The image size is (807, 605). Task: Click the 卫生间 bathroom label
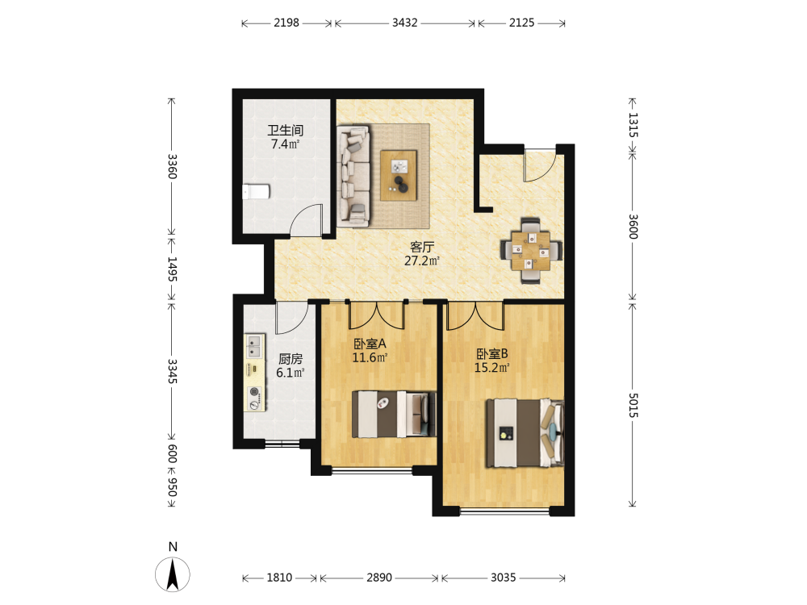[x=285, y=130]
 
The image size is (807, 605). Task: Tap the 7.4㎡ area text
[x=285, y=144]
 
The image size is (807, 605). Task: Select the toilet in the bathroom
[x=257, y=191]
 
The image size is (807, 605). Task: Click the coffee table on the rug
[x=399, y=175]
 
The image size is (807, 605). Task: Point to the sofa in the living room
[x=353, y=175]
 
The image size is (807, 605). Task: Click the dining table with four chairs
[x=531, y=251]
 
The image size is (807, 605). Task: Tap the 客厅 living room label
[x=422, y=247]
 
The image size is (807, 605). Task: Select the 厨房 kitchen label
[x=291, y=359]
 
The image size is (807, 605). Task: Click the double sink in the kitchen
[x=253, y=346]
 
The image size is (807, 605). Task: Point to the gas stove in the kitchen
[x=254, y=398]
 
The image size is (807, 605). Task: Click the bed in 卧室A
[x=395, y=414]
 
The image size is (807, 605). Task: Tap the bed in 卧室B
[x=525, y=432]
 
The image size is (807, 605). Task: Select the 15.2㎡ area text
[x=492, y=367]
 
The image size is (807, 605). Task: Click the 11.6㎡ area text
[x=370, y=357]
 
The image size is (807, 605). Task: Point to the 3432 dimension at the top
[x=405, y=23]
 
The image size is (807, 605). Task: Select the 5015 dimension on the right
[x=633, y=406]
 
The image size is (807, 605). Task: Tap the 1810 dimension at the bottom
[x=279, y=578]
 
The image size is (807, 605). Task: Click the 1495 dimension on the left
[x=172, y=269]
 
